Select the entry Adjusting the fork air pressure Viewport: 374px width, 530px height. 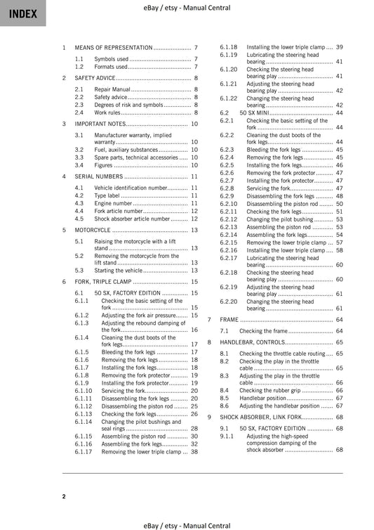[x=138, y=316]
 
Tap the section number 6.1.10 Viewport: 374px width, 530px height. [x=84, y=390]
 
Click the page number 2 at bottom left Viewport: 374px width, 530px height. [x=64, y=497]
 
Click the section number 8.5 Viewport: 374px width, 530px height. [x=225, y=398]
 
